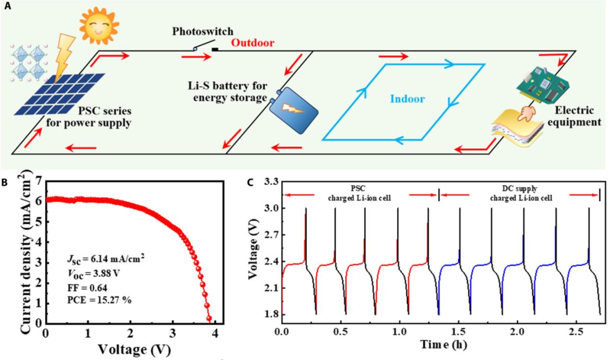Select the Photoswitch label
203,31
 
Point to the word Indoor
407,99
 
